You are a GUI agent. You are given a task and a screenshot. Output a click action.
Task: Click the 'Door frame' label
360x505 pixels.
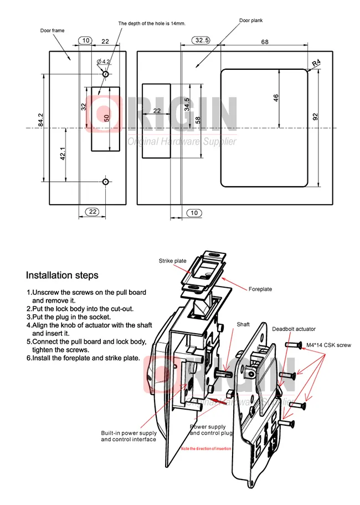(52, 31)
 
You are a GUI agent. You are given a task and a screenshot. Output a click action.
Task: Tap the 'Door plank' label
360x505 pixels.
(251, 20)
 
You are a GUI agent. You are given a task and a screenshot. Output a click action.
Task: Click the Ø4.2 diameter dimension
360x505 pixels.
(104, 60)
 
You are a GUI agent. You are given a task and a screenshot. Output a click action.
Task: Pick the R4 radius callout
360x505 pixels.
(316, 64)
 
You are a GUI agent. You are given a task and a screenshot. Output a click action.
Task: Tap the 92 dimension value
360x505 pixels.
(315, 117)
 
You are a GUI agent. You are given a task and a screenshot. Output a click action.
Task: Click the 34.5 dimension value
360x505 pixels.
(187, 104)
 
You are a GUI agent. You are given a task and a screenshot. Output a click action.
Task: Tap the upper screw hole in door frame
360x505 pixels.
(106, 74)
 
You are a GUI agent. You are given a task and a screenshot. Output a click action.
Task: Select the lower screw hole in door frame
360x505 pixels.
(106, 181)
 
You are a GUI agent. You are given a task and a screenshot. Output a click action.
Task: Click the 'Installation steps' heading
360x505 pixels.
(63, 275)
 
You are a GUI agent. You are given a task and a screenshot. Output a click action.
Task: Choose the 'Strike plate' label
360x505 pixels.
(172, 261)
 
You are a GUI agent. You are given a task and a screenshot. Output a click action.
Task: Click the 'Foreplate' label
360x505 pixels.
(260, 289)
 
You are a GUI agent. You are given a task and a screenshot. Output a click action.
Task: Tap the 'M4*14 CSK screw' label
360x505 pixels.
(328, 345)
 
